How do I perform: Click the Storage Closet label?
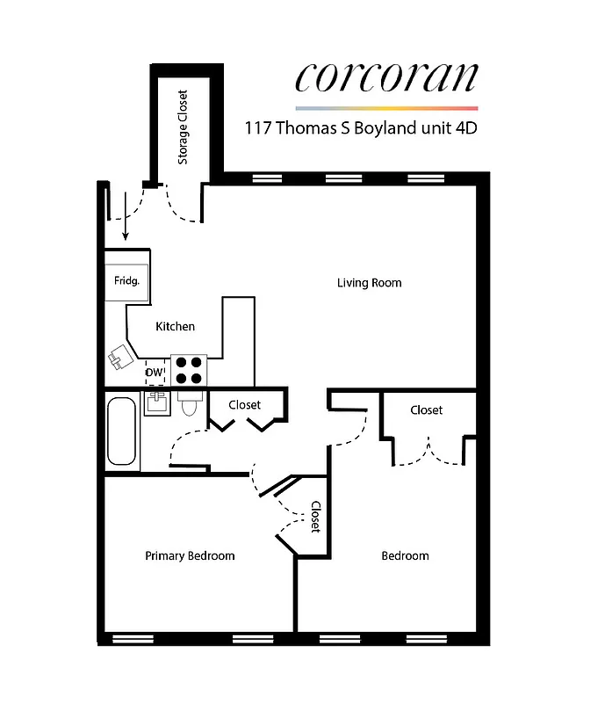pos(184,127)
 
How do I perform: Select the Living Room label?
pos(369,283)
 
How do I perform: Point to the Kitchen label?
pos(175,327)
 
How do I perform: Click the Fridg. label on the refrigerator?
pos(126,281)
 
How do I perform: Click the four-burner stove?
pos(188,370)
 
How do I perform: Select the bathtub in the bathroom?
pos(122,432)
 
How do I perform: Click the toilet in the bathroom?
pos(188,403)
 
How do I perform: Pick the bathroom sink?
pos(156,403)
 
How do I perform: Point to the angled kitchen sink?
pos(119,357)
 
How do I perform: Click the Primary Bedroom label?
pos(190,555)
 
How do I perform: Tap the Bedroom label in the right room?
pos(405,555)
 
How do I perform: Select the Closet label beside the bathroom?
pos(244,405)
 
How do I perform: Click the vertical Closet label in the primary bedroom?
pos(315,517)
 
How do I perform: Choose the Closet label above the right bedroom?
pos(426,410)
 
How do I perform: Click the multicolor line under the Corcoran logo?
pos(386,107)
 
